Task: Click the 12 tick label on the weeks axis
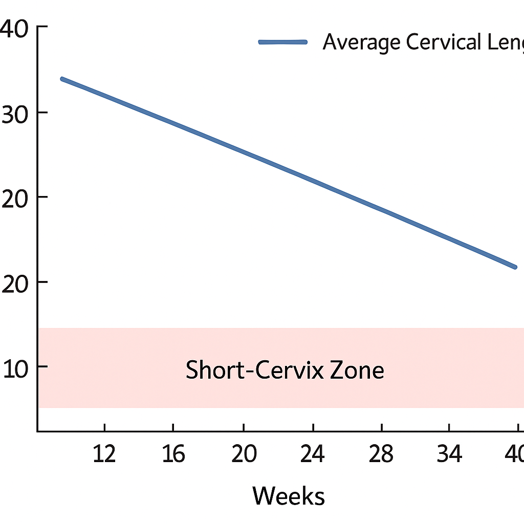pos(104,453)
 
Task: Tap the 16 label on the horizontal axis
pos(173,453)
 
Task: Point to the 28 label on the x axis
pos(381,453)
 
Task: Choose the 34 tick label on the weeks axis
pos(449,453)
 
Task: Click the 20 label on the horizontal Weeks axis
pos(244,453)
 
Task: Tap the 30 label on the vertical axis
pos(15,113)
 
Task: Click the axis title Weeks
pos(289,495)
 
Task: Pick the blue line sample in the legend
pos(283,42)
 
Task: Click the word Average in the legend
pos(361,42)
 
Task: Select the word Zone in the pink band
pos(357,369)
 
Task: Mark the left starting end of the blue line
pos(62,79)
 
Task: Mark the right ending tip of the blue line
pos(515,267)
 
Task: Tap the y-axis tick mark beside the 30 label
pos(42,113)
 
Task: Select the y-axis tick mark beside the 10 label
pos(42,366)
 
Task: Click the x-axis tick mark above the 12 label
pos(104,428)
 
